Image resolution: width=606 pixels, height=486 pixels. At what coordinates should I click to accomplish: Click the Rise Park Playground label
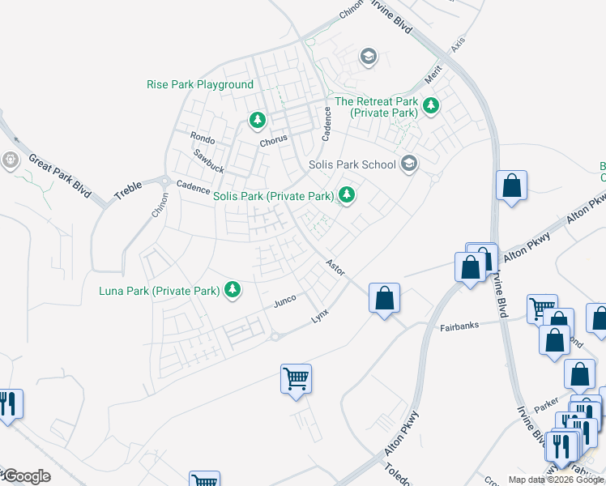coord(200,84)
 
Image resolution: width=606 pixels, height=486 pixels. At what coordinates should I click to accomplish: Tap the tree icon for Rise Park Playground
coord(258,121)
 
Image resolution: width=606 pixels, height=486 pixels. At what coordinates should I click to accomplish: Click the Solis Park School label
coord(352,164)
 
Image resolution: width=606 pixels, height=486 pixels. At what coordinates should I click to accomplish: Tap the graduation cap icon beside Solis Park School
coord(409,164)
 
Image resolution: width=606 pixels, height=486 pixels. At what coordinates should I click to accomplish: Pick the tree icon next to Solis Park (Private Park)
coord(346,194)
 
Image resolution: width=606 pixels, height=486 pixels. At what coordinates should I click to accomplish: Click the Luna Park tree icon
coord(233,288)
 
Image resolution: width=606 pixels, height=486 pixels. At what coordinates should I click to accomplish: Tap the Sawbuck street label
coord(208,160)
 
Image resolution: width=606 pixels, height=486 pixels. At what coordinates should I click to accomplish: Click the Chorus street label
coord(273,139)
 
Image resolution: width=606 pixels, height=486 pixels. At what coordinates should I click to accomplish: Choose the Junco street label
coord(284,301)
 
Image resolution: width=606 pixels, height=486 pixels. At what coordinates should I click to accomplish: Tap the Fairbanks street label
coord(459,326)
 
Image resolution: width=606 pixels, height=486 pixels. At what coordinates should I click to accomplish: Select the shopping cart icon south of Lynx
coord(296,377)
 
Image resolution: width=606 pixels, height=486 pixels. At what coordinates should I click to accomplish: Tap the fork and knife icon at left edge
coord(8,404)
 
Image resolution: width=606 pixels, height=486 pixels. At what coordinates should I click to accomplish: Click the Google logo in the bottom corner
coord(26,476)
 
